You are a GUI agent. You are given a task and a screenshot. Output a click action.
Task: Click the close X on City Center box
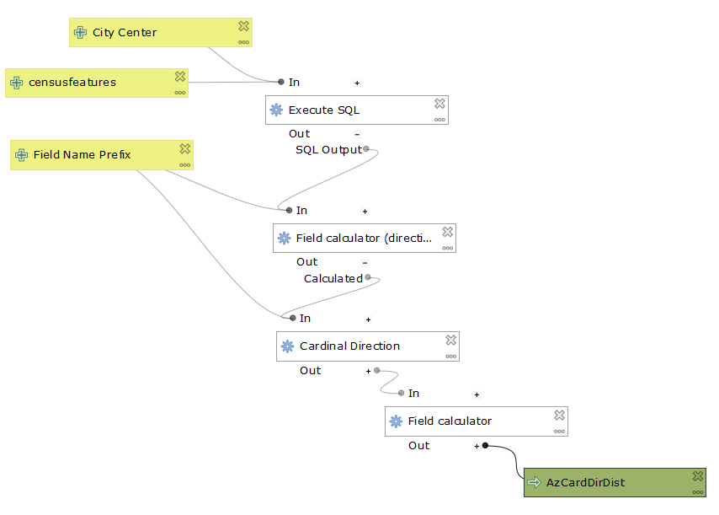[x=243, y=26]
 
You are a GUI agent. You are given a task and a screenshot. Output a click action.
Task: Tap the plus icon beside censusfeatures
[x=17, y=83]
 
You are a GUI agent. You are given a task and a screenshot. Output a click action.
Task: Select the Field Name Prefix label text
[x=82, y=154]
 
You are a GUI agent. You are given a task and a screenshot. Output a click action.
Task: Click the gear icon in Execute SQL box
[x=276, y=110]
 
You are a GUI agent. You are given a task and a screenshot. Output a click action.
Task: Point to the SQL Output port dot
[x=365, y=149]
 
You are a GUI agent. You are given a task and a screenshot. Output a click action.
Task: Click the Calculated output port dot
[x=368, y=277]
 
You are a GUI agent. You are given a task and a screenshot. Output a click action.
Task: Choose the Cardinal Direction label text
[x=349, y=346]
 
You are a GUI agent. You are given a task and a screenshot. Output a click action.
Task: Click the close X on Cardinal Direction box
[x=451, y=340]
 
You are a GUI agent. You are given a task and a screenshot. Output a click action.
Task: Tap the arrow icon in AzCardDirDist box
[x=534, y=483]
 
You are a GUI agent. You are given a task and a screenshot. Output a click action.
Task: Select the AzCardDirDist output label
[x=585, y=483]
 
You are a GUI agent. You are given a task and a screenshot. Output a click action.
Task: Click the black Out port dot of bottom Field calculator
[x=486, y=445]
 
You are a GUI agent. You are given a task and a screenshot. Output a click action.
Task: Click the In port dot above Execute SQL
[x=281, y=82]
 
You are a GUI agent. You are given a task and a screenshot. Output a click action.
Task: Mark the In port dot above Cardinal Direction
[x=292, y=318]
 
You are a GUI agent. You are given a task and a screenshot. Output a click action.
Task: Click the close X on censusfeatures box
[x=179, y=77]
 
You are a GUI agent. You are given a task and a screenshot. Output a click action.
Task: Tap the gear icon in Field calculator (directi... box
[x=284, y=239]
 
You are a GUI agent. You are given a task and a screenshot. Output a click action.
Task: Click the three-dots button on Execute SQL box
[x=439, y=120]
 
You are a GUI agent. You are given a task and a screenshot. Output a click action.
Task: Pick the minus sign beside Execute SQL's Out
[x=357, y=134]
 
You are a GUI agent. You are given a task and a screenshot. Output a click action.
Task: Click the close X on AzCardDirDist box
[x=698, y=476]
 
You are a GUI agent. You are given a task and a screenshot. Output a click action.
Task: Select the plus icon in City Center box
[x=81, y=33]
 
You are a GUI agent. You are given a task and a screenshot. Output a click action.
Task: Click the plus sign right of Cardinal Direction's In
[x=368, y=319]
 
